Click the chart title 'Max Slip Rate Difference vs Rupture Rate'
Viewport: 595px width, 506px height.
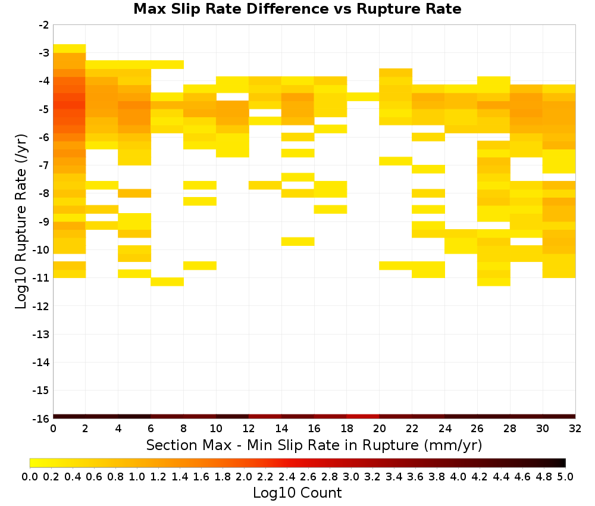click(297, 9)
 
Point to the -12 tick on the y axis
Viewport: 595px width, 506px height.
click(41, 307)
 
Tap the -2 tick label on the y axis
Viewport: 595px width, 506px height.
click(44, 26)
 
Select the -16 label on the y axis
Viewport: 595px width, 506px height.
click(41, 418)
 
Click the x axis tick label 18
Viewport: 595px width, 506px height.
click(347, 429)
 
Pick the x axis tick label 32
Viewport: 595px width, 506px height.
click(575, 429)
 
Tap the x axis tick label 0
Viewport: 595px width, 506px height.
click(53, 429)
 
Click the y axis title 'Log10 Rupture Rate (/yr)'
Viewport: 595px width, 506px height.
click(21, 221)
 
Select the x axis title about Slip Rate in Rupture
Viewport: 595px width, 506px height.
click(314, 445)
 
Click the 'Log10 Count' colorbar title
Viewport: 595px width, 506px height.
click(297, 493)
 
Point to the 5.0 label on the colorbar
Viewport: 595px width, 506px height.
click(565, 477)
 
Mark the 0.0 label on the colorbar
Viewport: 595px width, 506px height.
click(30, 477)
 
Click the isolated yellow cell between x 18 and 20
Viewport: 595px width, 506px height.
click(363, 97)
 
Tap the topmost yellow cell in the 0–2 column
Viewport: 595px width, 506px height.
click(70, 49)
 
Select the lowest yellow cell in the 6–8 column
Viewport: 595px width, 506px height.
click(167, 282)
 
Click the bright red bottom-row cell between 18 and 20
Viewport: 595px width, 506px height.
click(363, 417)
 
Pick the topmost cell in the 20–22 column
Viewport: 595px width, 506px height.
click(396, 73)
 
